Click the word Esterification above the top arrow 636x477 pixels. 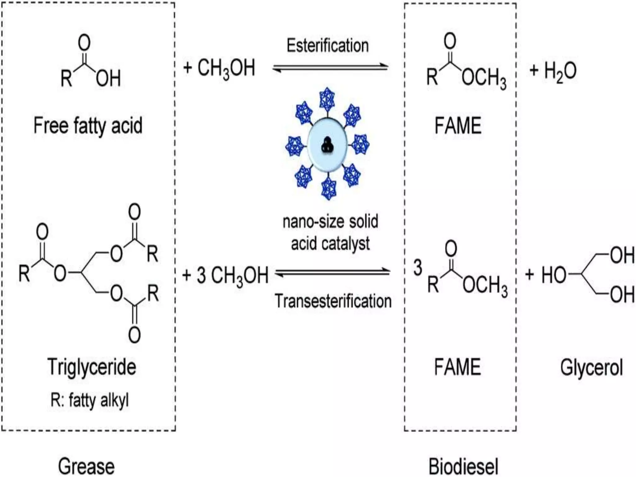coord(327,46)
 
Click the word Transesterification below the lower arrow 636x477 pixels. coord(333,301)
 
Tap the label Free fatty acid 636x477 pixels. coord(88,126)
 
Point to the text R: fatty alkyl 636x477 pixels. coord(89,400)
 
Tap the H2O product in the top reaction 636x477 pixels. coord(560,71)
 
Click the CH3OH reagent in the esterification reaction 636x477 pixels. coord(226,68)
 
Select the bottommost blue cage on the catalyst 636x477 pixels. coord(329,188)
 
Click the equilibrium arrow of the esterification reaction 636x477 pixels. coord(330,67)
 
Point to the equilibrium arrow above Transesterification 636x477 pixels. coord(332,272)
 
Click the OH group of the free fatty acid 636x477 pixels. coord(108,78)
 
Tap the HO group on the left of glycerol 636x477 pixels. coord(554,275)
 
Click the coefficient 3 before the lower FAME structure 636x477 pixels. coord(418,267)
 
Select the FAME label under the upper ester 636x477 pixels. coord(458,126)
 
